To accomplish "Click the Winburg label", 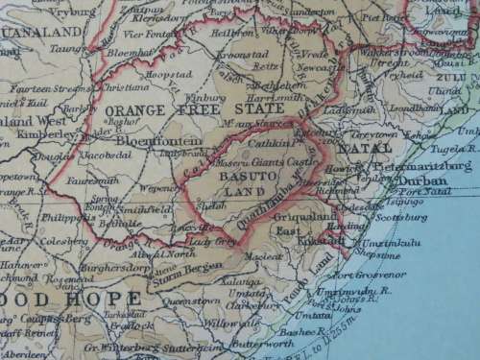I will click(208, 97).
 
